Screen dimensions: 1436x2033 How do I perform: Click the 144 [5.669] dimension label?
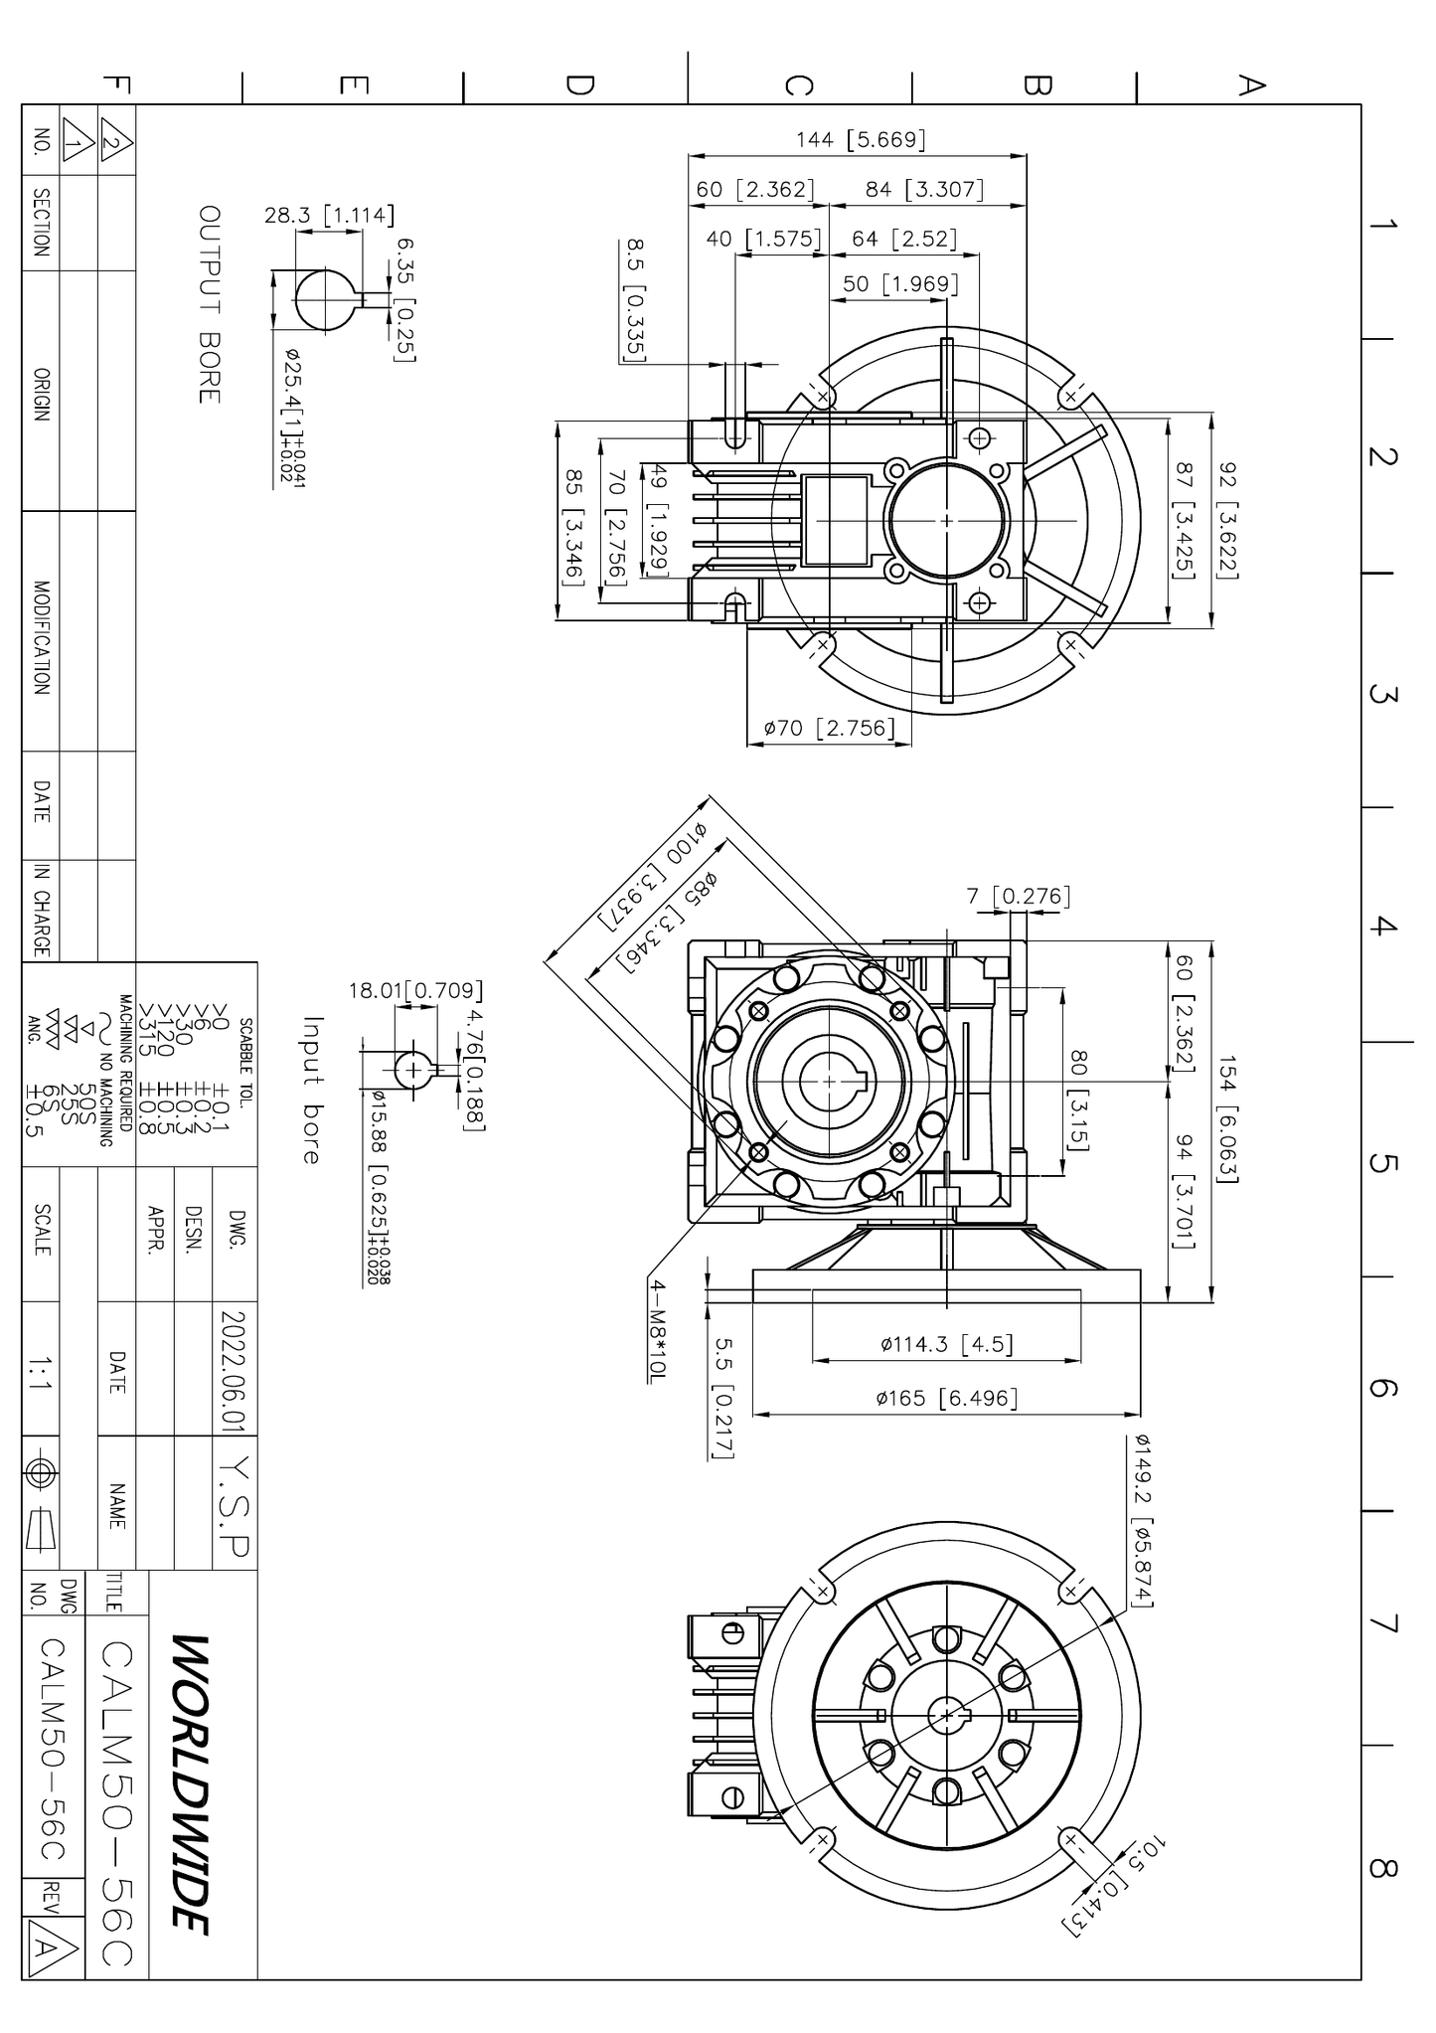(861, 140)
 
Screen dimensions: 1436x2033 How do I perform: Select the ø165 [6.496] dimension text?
(947, 1399)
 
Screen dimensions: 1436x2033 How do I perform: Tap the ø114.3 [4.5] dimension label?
(947, 1345)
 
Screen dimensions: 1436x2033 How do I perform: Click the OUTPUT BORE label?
(209, 304)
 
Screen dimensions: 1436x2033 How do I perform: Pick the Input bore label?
(312, 1090)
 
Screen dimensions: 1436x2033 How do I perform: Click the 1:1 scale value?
(41, 1374)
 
